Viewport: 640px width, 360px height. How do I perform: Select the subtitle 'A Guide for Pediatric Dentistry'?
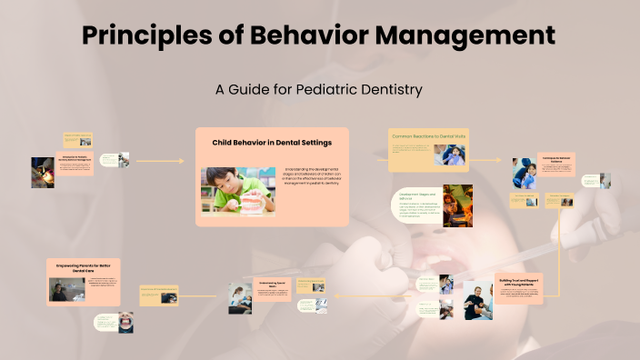319,90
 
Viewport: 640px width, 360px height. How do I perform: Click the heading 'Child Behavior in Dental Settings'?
272,143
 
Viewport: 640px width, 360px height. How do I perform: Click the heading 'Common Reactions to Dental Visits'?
428,135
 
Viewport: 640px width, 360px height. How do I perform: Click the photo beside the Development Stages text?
457,205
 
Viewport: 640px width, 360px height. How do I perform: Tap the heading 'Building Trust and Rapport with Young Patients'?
519,282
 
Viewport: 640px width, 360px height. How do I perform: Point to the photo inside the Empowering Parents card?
66,290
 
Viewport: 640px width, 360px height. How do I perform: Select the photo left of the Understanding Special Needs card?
240,298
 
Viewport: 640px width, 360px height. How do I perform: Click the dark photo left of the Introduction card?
43,172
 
